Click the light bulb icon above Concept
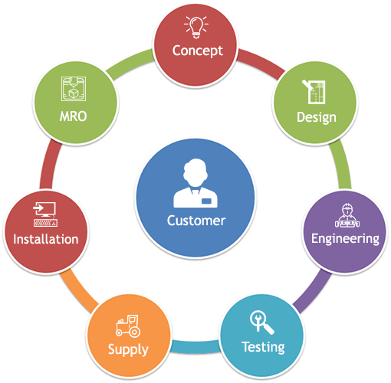[196, 28]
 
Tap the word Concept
[198, 51]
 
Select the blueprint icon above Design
[314, 92]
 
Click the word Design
[317, 118]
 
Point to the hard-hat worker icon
[347, 216]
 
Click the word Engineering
[345, 239]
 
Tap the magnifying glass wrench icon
[262, 322]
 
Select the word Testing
[263, 347]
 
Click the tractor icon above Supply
[128, 326]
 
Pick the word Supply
[128, 350]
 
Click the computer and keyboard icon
[45, 214]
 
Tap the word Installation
[46, 240]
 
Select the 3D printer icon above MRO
[74, 89]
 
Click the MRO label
[74, 116]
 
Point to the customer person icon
[195, 183]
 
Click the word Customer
[196, 221]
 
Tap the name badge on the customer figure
[206, 201]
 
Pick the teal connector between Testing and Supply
[195, 347]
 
